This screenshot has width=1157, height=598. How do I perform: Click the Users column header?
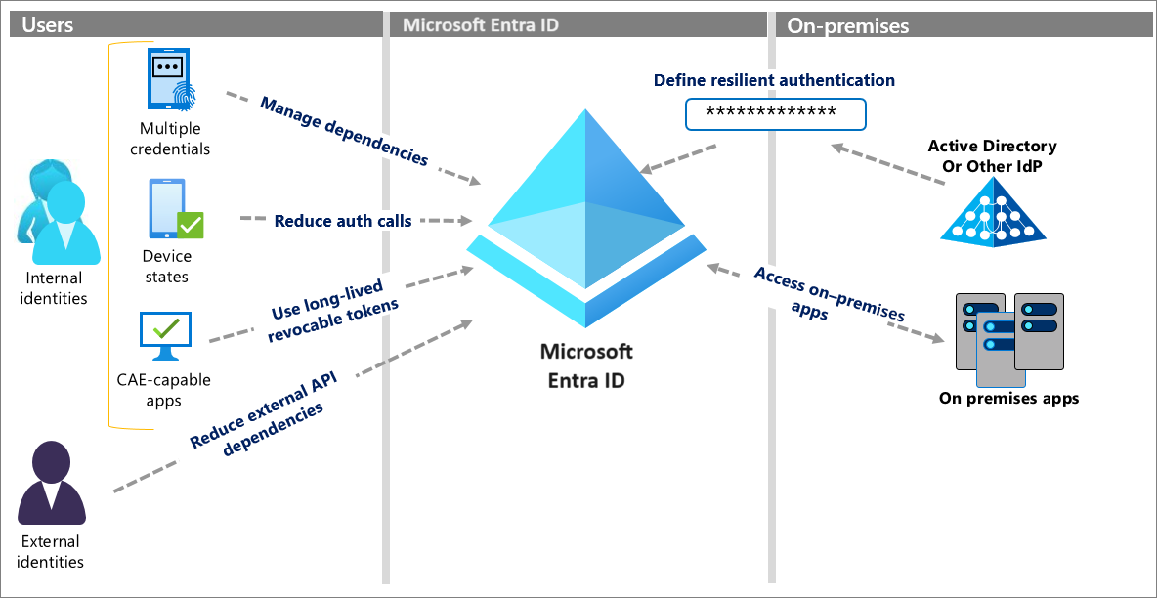click(47, 25)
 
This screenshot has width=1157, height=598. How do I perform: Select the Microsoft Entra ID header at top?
click(482, 25)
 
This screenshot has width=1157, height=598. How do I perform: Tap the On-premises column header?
click(848, 25)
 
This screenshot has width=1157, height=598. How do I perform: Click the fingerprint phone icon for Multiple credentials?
click(169, 80)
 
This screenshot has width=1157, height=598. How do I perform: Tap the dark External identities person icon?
click(52, 484)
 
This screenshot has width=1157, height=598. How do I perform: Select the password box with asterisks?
click(775, 113)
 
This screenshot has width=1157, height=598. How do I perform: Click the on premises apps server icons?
click(1007, 337)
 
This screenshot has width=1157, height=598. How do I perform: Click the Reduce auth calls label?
click(342, 221)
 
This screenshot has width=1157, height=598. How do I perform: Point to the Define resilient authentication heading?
click(774, 80)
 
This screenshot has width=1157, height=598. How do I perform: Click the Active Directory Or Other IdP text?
click(992, 155)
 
